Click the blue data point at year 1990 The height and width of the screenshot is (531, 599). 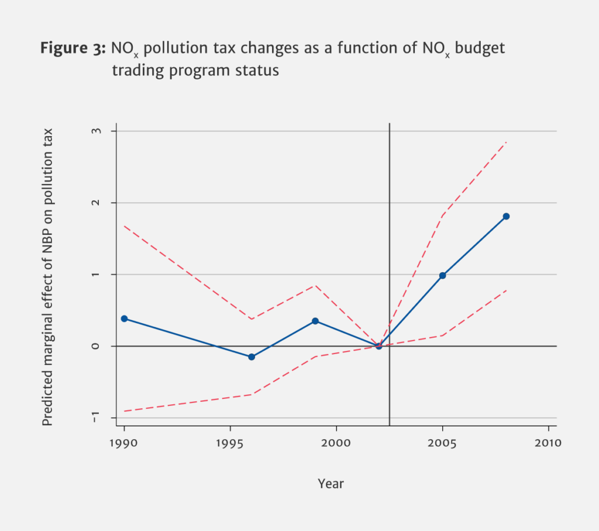pyautogui.click(x=124, y=318)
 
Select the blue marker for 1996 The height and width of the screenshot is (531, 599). pyautogui.click(x=252, y=357)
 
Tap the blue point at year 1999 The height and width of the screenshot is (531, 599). pyautogui.click(x=315, y=321)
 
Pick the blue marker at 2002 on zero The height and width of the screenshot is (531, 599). pyautogui.click(x=379, y=346)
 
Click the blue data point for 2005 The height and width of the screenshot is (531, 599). pyautogui.click(x=443, y=275)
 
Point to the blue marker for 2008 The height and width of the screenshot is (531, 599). pyautogui.click(x=507, y=216)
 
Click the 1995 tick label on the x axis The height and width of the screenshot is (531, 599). pyautogui.click(x=230, y=443)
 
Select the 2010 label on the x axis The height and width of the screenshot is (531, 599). pyautogui.click(x=548, y=443)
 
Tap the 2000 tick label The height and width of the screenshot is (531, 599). pyautogui.click(x=336, y=443)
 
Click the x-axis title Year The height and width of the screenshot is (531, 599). pyautogui.click(x=331, y=484)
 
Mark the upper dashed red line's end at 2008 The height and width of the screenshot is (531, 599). pyautogui.click(x=506, y=142)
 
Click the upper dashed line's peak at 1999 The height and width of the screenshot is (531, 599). pyautogui.click(x=315, y=285)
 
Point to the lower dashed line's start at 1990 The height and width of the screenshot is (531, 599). pyautogui.click(x=125, y=411)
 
